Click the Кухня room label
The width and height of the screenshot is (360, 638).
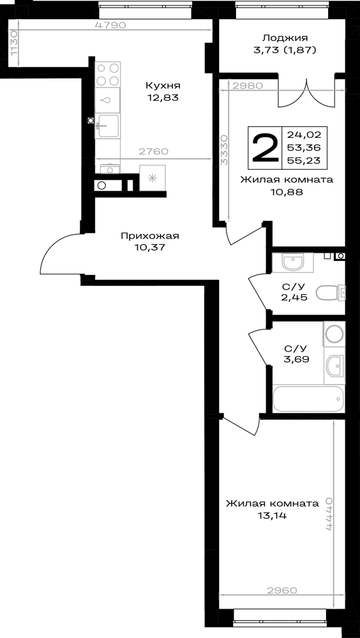point(163,86)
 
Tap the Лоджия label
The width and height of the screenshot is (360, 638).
point(285,38)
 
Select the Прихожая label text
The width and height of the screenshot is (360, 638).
point(150,236)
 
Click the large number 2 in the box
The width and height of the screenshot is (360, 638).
point(265,148)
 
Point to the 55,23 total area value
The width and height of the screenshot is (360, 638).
point(304,161)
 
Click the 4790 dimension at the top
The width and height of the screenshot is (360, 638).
point(111,25)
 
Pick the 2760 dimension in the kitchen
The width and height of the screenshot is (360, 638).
point(153,152)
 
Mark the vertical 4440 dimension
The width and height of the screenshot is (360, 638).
point(329,514)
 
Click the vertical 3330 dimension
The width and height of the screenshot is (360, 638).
point(224,150)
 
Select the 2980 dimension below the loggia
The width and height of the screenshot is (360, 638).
point(248,86)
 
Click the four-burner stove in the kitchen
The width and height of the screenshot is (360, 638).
point(108,74)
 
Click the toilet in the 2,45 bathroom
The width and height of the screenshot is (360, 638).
point(331,292)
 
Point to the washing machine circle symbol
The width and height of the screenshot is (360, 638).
point(334,334)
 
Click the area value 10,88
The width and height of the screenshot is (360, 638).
point(287,193)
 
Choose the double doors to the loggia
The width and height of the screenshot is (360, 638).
point(306,93)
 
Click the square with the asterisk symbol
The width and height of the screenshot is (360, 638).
point(153,177)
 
